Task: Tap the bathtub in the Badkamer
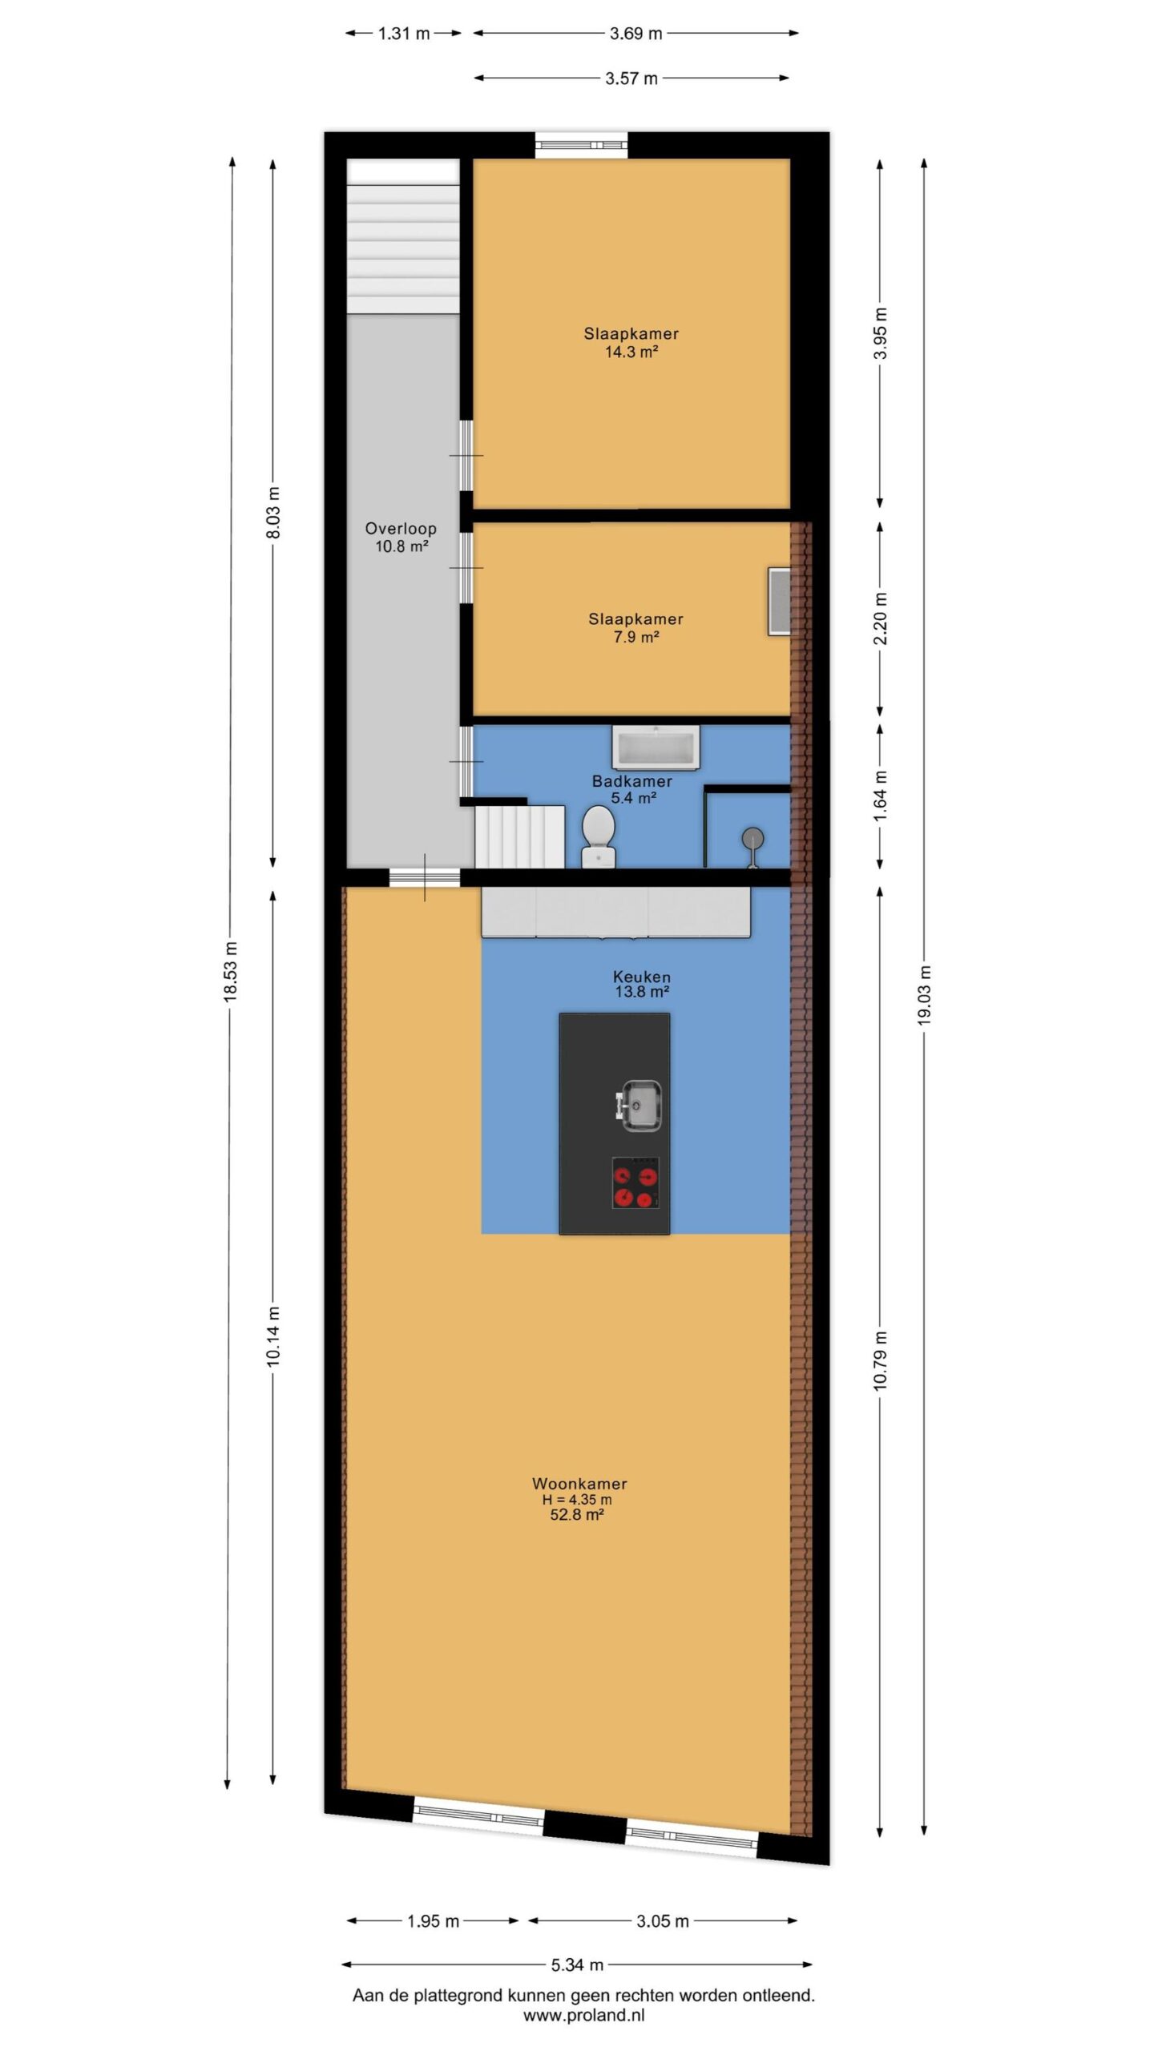(x=656, y=747)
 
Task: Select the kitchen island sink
(x=640, y=1106)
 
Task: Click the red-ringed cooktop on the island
(x=636, y=1183)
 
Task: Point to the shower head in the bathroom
(x=753, y=844)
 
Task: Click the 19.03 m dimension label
(x=924, y=995)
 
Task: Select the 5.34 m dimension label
(x=577, y=1964)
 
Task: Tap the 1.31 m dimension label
(x=404, y=34)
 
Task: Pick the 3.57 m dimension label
(x=631, y=79)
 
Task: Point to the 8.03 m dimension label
(x=273, y=512)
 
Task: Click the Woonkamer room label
(x=579, y=1484)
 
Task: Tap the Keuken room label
(x=642, y=977)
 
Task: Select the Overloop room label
(x=401, y=529)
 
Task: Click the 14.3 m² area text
(x=631, y=352)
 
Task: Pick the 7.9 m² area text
(x=636, y=637)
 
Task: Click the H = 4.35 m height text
(x=577, y=1500)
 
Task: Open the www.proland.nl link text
(x=583, y=2016)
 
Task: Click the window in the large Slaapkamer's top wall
(x=582, y=145)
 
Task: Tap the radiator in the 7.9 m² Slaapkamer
(x=779, y=602)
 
